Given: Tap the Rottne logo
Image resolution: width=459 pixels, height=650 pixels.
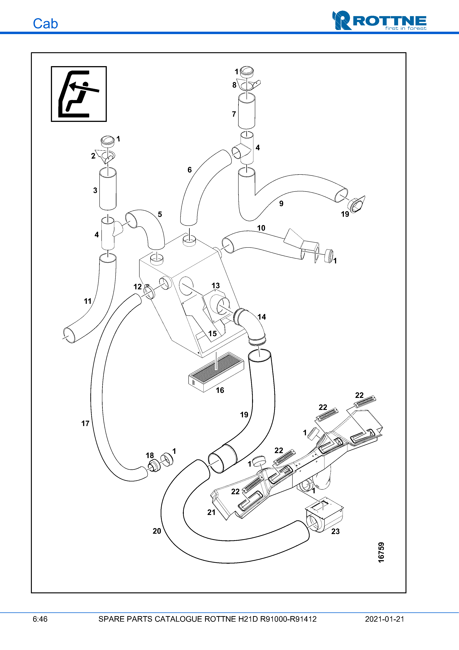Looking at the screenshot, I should tap(379, 20).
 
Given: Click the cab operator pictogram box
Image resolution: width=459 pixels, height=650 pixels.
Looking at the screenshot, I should tap(79, 94).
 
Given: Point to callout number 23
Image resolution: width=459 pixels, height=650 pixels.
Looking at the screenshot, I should tap(335, 531).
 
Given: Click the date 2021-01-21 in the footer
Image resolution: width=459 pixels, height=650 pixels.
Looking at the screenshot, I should tap(384, 619).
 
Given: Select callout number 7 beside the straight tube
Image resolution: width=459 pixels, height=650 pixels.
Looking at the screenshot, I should tap(234, 114).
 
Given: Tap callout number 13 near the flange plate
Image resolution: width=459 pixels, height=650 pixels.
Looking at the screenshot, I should tap(215, 285).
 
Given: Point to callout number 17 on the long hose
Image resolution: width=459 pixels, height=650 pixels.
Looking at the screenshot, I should tap(85, 423).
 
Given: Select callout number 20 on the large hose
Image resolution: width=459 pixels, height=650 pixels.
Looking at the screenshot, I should tap(157, 531).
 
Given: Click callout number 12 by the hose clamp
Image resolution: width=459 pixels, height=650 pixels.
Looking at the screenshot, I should tap(138, 287).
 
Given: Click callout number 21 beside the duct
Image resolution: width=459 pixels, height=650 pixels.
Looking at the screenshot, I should tap(211, 512).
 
